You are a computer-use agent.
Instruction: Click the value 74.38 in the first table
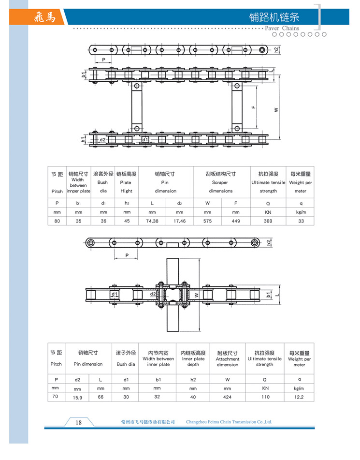point(152,221)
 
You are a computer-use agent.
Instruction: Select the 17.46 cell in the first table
point(179,221)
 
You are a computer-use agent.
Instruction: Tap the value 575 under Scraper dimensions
point(207,221)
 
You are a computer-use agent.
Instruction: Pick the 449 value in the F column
point(235,221)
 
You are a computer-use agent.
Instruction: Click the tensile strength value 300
point(268,221)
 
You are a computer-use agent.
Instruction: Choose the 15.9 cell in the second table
point(77,397)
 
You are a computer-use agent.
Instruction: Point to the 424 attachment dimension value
point(227,397)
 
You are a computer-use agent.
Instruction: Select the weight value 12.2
point(299,397)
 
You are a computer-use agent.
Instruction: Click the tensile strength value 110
point(265,397)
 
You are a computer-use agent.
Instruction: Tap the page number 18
point(78,422)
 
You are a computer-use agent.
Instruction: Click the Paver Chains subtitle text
point(282,28)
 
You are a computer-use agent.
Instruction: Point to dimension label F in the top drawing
point(253,107)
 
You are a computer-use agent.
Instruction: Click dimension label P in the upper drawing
point(103,60)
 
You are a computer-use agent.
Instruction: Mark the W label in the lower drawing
point(196,294)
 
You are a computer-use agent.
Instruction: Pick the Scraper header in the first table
point(220,183)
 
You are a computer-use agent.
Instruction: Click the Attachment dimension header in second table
point(227,362)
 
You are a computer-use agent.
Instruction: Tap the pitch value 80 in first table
point(57,221)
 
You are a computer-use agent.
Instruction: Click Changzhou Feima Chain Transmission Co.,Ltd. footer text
point(229,422)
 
